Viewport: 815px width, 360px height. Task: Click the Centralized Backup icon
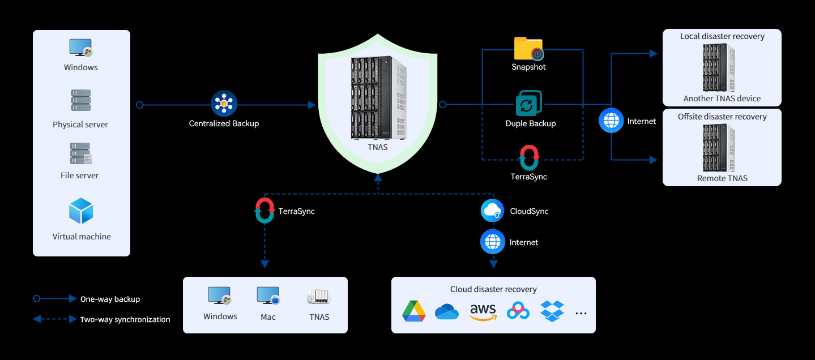tap(224, 104)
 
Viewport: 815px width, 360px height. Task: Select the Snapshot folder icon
tap(528, 48)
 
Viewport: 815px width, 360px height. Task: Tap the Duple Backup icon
tap(528, 103)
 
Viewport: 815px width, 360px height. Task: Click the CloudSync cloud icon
tap(492, 211)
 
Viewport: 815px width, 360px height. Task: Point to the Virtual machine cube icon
tap(81, 211)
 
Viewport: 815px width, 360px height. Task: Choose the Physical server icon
tap(81, 100)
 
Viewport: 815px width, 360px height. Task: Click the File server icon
tap(81, 153)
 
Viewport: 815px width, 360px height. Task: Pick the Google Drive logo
tap(414, 311)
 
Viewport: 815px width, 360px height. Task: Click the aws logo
tap(483, 312)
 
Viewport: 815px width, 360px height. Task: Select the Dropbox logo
tap(552, 311)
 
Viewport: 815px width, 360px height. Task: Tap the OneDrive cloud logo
tap(447, 312)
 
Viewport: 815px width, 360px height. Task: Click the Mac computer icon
tap(268, 295)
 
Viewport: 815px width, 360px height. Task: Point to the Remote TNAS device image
tap(719, 148)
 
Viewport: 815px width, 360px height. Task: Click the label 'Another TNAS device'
tap(722, 98)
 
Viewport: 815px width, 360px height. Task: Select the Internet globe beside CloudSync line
tap(493, 242)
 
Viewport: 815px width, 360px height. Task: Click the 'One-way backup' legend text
tap(110, 299)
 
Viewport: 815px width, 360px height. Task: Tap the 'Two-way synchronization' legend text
tap(125, 319)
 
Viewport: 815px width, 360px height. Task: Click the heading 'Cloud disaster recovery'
tap(493, 289)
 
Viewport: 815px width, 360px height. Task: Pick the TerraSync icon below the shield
tap(264, 210)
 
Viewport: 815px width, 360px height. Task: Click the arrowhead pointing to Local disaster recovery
tap(654, 53)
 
